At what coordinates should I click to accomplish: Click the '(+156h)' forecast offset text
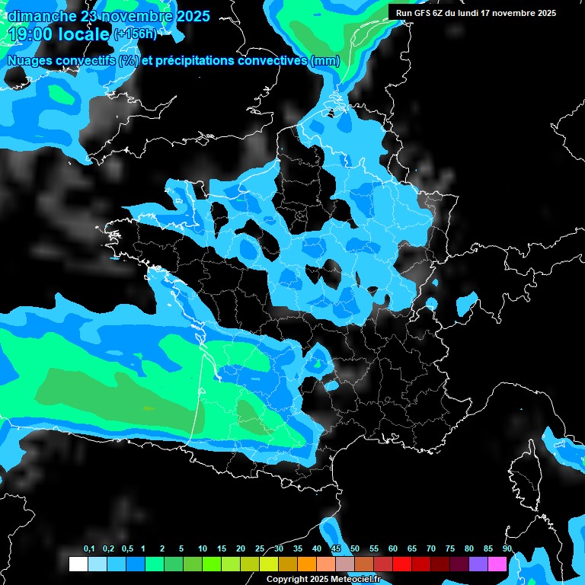coord(136,34)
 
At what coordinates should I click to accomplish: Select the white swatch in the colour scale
coord(78,564)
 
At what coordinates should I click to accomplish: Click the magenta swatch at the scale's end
coord(497,564)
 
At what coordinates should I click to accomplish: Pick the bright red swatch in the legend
coord(402,564)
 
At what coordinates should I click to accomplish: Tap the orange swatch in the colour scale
coord(307,564)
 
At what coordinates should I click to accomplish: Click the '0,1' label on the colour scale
coord(89,549)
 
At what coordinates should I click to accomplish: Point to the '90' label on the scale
coord(507,549)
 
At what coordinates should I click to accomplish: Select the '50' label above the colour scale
coord(355,549)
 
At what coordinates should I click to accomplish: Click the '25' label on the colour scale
coord(260,549)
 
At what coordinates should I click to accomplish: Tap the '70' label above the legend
coord(431,549)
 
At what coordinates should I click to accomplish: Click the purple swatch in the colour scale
coord(478,564)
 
